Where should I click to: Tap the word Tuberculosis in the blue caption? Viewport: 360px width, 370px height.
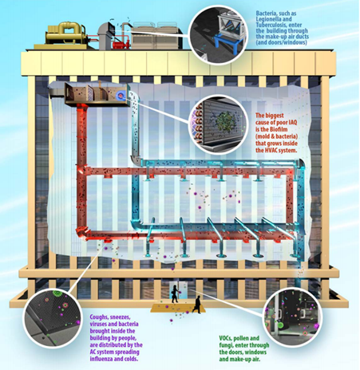coord(271,25)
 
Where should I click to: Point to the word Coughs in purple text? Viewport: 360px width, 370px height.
coord(98,317)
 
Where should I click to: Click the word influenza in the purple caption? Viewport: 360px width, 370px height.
coord(101,359)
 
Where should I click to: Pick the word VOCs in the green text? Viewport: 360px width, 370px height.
coord(225,338)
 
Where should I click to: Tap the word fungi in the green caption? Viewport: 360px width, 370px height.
coord(226,345)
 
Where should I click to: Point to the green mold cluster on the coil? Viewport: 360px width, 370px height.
coord(225,123)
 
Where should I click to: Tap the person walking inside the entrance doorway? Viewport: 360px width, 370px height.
coord(175,294)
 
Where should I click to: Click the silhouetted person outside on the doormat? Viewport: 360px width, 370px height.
coord(197,305)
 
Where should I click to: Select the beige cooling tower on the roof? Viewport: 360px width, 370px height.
coord(157,36)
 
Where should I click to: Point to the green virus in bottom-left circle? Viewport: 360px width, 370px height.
coord(57,293)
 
